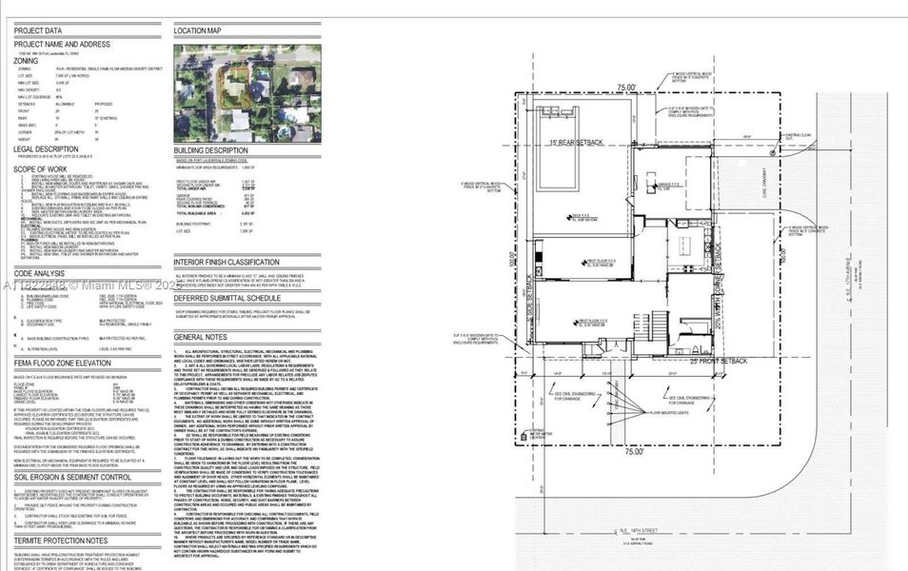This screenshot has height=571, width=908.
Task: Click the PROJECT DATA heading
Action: [x=38, y=30]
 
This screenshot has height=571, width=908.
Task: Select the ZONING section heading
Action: [x=32, y=59]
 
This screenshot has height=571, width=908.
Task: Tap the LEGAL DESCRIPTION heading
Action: [x=51, y=148]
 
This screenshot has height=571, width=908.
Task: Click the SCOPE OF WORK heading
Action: [x=44, y=169]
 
